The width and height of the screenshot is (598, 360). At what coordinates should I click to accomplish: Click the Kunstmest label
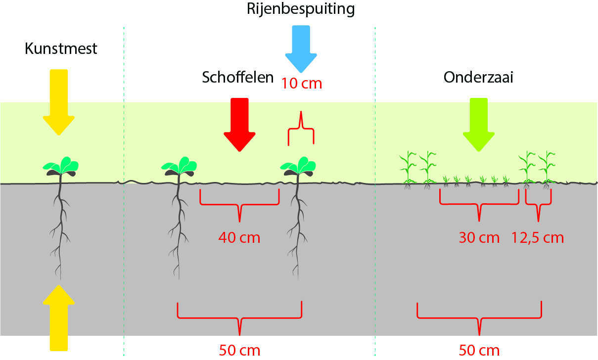61,48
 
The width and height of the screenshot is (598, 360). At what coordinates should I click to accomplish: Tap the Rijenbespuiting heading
302,9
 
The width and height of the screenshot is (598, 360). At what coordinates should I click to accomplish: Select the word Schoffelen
238,78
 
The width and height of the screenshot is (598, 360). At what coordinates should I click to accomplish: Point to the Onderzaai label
478,78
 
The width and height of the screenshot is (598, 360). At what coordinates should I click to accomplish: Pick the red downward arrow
239,124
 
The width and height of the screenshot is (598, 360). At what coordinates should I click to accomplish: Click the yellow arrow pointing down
59,102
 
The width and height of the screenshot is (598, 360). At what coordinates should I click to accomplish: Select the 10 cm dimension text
302,84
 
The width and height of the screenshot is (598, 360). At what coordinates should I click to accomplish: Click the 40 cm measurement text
239,238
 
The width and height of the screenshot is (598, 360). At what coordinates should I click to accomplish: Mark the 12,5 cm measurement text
538,238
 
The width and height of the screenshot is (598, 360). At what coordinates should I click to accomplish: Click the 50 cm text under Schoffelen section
239,351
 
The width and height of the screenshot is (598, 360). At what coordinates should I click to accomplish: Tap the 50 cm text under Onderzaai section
479,351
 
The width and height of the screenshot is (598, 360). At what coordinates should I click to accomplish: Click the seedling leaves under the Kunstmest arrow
62,167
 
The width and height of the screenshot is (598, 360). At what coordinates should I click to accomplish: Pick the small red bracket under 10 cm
301,130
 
